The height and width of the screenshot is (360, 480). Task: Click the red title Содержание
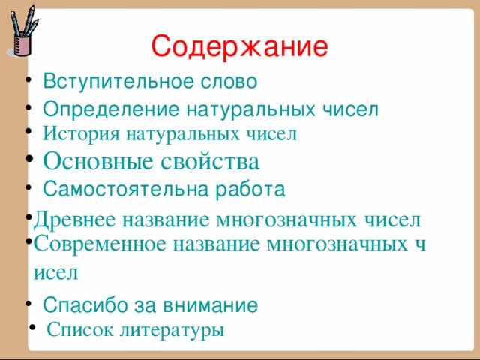(239, 47)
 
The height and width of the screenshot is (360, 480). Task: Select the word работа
(249, 189)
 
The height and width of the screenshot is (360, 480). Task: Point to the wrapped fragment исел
(56, 271)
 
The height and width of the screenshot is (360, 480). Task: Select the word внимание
(212, 304)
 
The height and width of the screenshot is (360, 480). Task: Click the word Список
(79, 329)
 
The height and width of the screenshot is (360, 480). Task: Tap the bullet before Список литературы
(31, 327)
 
